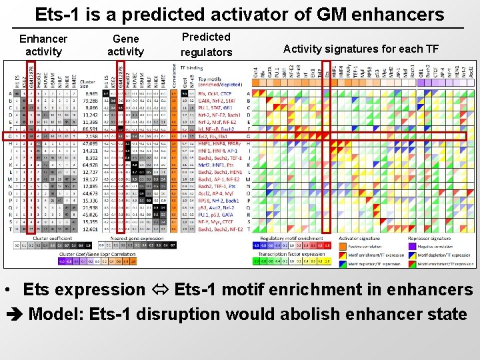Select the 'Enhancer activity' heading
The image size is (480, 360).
click(x=43, y=45)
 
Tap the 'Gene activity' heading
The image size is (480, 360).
click(x=125, y=45)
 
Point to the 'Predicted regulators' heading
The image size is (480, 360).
click(x=206, y=45)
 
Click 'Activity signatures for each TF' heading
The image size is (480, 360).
click(x=361, y=48)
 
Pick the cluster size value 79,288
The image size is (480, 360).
click(x=89, y=100)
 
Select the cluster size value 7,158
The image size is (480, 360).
click(x=90, y=136)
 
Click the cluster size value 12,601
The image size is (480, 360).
click(x=89, y=229)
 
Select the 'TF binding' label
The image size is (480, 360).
click(x=191, y=67)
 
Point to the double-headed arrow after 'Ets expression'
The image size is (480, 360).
click(x=155, y=290)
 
